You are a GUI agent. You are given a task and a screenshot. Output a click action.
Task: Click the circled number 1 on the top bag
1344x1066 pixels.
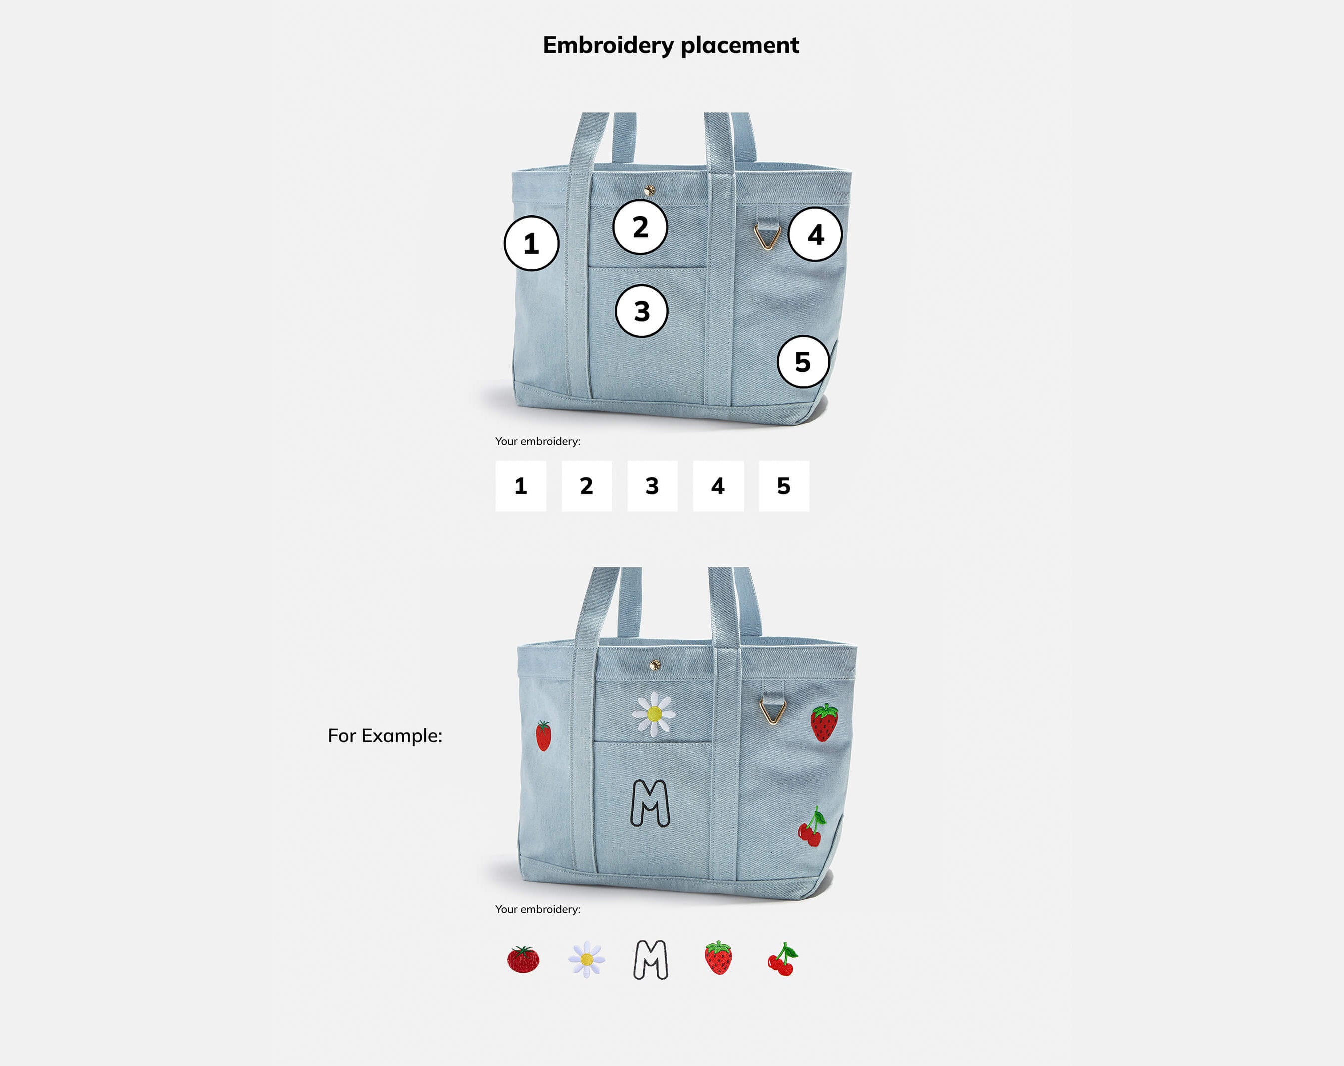point(531,243)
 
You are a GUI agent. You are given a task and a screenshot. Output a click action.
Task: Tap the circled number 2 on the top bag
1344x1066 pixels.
point(640,227)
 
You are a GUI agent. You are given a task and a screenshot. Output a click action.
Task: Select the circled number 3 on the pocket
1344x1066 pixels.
point(642,311)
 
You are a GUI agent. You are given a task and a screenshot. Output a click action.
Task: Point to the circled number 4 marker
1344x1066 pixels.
point(815,235)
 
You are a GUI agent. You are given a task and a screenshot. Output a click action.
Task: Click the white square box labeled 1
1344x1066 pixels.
point(521,486)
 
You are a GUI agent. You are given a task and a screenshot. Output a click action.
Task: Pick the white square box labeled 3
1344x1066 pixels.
point(652,486)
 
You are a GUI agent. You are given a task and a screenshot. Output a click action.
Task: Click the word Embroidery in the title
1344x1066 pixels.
point(609,45)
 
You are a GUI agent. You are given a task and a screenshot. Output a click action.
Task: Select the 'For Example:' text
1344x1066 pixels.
point(385,736)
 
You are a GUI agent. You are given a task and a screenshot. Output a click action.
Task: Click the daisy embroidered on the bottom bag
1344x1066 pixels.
point(654,714)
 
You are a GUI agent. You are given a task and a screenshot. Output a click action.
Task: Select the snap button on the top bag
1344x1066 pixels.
point(649,190)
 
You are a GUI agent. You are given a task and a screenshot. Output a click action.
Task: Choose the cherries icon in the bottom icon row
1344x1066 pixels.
point(782,959)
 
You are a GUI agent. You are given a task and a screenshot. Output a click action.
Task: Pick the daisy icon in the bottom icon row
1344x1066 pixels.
point(587,959)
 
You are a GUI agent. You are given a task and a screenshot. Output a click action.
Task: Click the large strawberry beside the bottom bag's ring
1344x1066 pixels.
point(824,723)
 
